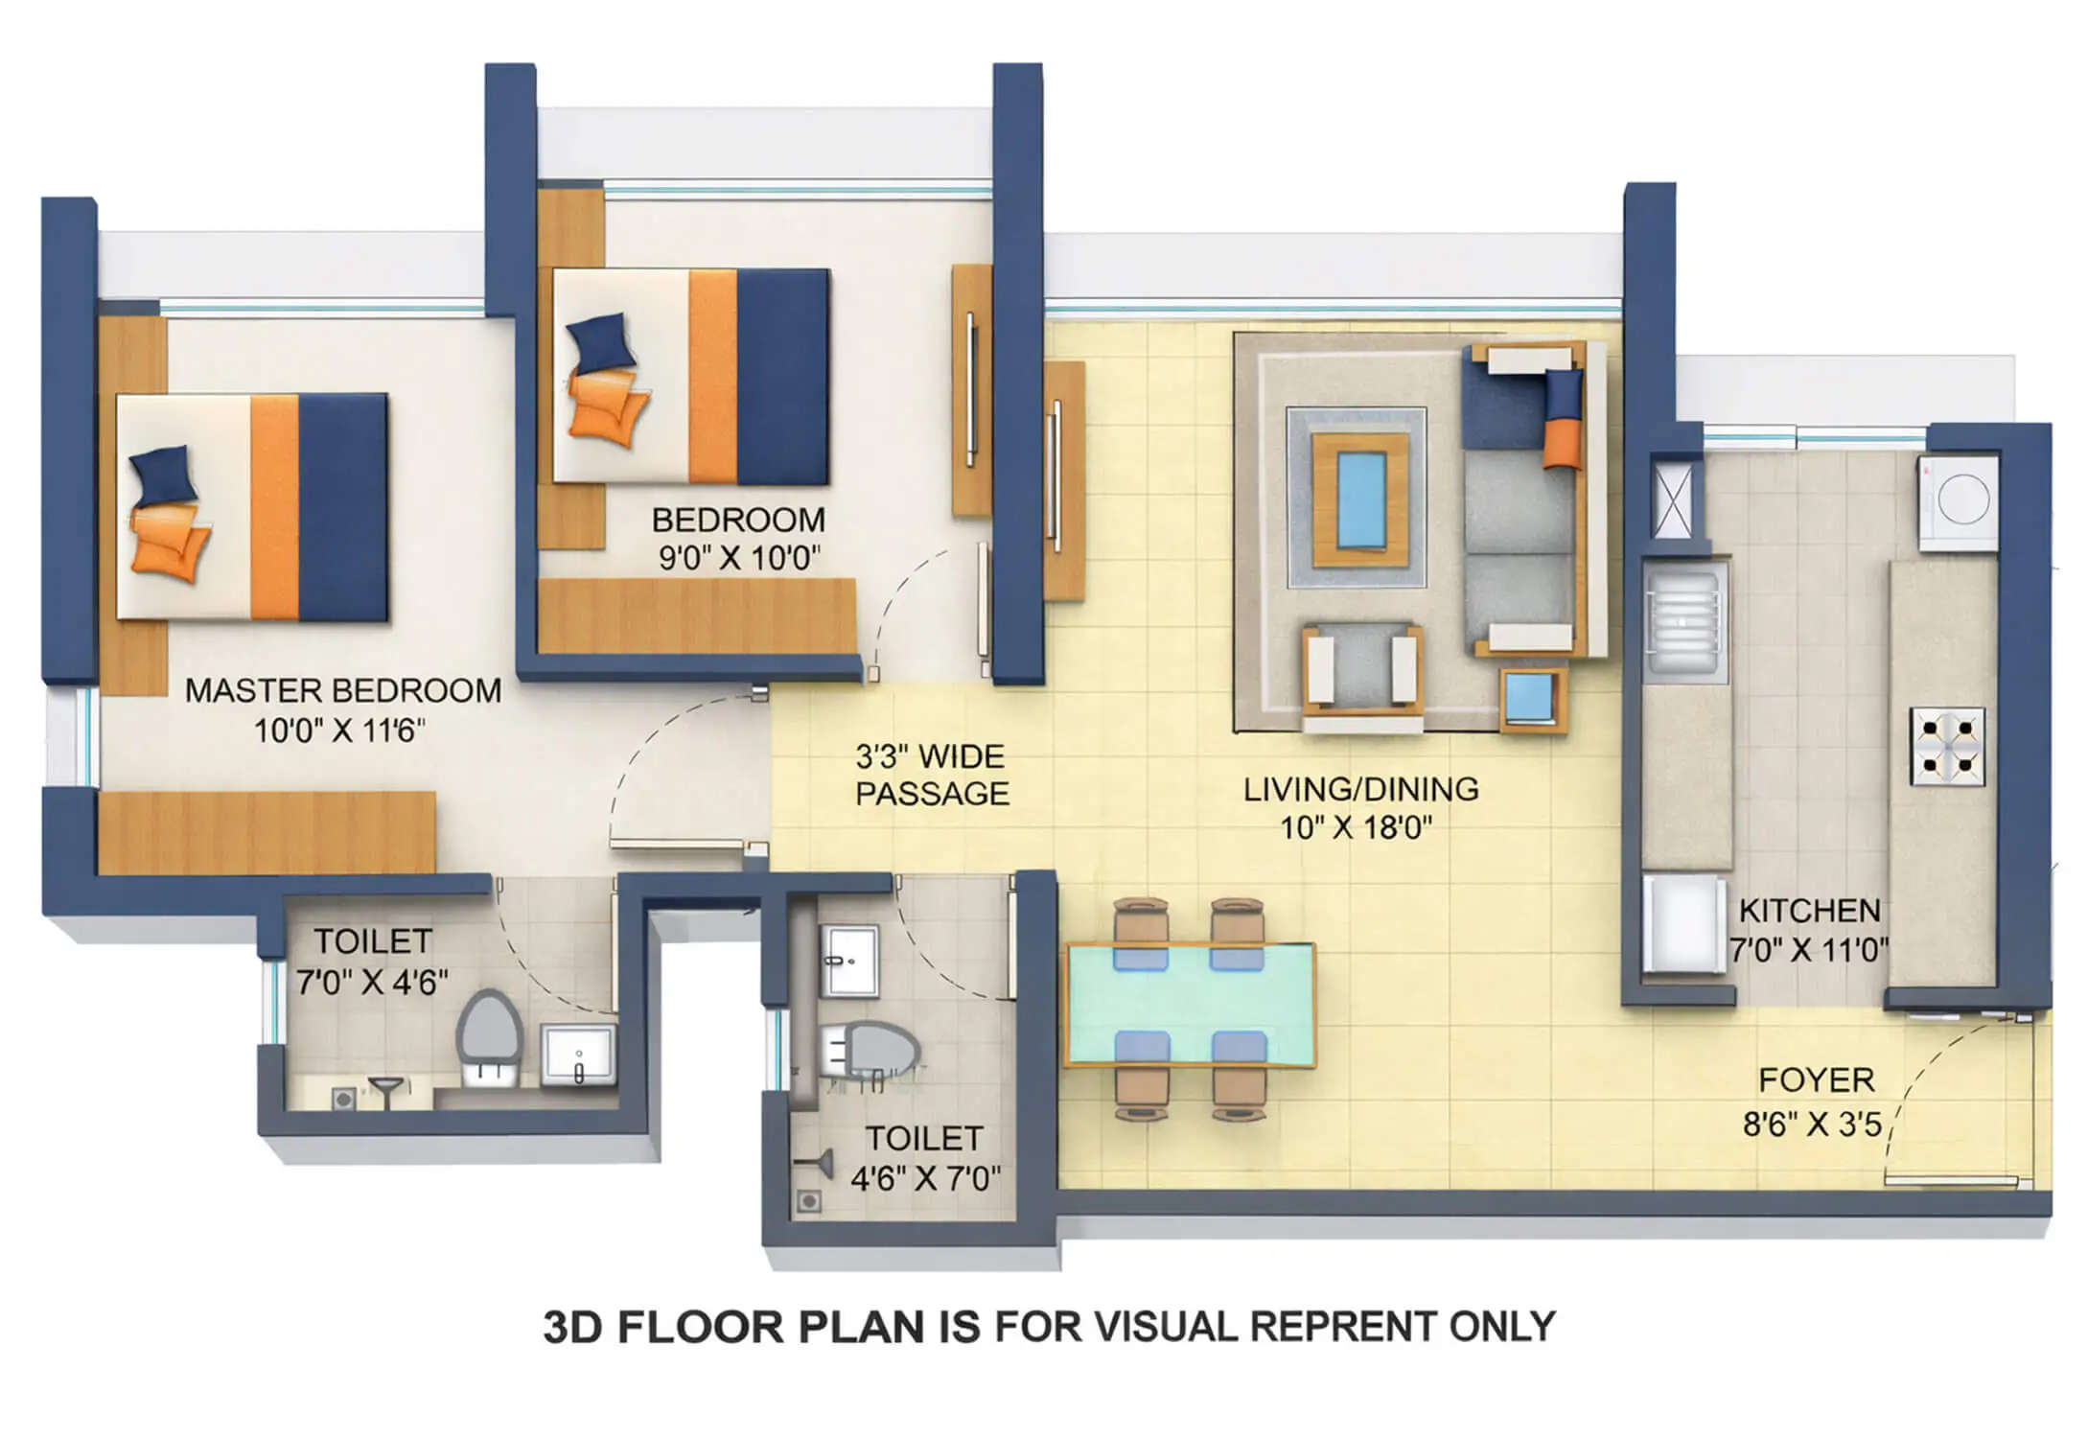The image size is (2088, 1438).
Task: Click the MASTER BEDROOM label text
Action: (342, 691)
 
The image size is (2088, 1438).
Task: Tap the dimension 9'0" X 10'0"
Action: (738, 558)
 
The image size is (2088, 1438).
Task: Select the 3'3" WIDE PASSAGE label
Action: (931, 776)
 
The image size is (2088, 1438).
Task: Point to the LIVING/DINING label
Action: (1360, 790)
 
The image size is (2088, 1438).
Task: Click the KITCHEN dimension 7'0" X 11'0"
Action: (1809, 950)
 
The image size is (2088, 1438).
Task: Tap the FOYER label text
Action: (1816, 1080)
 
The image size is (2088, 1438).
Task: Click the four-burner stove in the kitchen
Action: (1946, 747)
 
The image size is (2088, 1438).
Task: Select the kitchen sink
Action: (1684, 618)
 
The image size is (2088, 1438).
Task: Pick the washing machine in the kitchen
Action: (1959, 500)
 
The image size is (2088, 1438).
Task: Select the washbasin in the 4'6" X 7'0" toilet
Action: (849, 960)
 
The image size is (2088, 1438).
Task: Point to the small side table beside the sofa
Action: (1531, 699)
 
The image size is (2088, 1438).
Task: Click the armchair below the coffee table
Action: (1360, 671)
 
